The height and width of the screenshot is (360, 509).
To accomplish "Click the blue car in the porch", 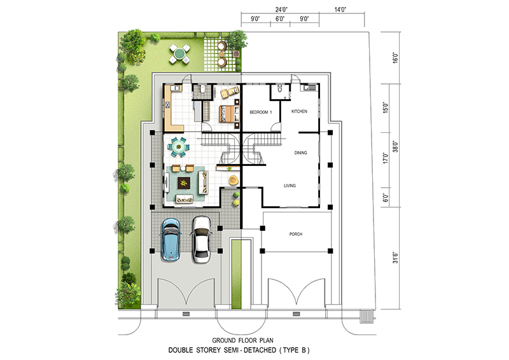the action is (171, 239).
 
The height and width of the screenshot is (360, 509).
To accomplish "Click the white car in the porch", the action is (201, 239).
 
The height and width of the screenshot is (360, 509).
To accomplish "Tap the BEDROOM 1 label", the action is (261, 113).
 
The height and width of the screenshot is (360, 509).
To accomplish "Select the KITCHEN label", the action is (299, 111).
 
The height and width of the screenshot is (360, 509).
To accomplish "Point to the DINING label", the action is (300, 153).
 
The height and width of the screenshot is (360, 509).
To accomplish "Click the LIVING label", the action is (290, 186).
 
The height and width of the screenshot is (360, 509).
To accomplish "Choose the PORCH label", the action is (296, 234).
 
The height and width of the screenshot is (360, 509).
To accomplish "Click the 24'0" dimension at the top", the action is (281, 10).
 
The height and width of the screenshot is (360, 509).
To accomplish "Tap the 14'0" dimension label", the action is (340, 10).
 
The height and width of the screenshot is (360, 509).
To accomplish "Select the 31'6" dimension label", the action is (395, 258).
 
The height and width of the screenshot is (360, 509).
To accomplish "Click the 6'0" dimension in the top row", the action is (280, 19).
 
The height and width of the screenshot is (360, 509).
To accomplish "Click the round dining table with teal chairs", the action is (178, 146).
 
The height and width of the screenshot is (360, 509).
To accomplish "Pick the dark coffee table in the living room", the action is (184, 183).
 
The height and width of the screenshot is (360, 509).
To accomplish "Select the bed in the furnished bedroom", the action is (230, 114).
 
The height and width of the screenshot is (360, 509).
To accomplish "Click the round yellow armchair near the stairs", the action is (233, 180).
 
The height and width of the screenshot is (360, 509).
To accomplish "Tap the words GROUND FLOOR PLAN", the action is (243, 340).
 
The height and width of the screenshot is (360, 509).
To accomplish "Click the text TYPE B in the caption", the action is (295, 350).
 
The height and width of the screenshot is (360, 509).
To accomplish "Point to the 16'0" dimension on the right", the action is (395, 58).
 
